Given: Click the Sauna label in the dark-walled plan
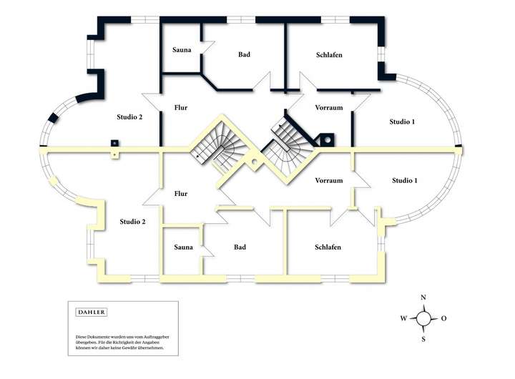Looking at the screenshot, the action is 182,49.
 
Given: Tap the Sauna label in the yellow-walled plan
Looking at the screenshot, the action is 183,247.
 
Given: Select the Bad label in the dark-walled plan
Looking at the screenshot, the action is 244,54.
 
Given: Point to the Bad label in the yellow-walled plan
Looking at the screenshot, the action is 240,247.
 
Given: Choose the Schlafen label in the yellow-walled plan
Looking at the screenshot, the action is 328,247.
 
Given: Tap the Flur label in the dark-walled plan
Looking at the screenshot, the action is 181,107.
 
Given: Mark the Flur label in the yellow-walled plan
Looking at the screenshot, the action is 181,194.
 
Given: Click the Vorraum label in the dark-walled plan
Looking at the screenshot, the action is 329,108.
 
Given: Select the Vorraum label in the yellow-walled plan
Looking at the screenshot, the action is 329,181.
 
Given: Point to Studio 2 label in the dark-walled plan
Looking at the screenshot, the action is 131,116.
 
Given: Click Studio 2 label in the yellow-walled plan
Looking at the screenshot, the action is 133,222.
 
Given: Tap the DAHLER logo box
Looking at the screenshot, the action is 91,312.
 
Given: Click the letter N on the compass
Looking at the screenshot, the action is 423,297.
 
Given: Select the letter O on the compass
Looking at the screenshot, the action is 444,318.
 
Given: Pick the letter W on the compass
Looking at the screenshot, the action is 403,318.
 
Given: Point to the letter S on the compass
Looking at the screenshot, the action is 423,339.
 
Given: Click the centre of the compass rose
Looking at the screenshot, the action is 423,318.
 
